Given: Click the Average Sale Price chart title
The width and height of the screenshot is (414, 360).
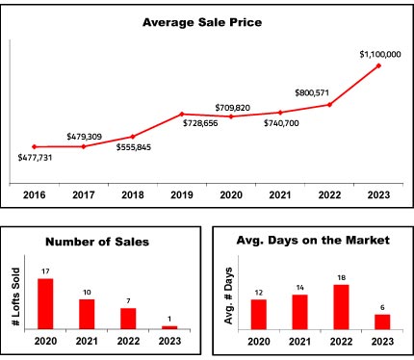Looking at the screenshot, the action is pos(202,22).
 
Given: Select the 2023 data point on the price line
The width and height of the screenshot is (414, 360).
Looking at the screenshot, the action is pos(378,65).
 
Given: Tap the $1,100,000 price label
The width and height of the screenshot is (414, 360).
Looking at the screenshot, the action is pos(380,54).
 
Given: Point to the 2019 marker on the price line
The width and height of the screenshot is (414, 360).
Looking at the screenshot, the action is pos(182,114).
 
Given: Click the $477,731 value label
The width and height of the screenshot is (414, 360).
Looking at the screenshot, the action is pos(35,158).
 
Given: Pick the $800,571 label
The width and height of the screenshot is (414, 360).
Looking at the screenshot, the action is pos(312,93).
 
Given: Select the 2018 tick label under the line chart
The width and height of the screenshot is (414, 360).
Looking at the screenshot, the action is pos(133,194).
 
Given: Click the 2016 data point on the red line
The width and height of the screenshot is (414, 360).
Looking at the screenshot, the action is pos(35,146).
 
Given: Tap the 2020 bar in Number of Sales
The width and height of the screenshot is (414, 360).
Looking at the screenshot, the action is pos(45,304).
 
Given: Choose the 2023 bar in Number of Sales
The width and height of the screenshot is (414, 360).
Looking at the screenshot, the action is pos(169,327).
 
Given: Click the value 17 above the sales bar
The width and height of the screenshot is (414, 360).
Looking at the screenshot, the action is pos(45,271).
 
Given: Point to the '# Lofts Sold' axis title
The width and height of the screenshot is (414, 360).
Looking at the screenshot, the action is pos(15,296).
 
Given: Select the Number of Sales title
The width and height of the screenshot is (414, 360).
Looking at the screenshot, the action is pos(97,242).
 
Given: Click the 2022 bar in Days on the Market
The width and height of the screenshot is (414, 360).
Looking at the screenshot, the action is pos(341,307).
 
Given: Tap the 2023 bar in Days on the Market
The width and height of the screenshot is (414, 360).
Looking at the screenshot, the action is pos(382,321).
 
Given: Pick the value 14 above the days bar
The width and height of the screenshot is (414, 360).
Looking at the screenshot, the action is pos(300,288).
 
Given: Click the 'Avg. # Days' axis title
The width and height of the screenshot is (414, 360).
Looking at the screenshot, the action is pos(228,296).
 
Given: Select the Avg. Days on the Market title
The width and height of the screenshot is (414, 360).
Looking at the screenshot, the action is pos(313,241).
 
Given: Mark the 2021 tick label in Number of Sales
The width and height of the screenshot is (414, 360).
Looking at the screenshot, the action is pos(87,341).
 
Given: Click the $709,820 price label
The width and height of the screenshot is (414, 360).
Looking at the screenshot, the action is pos(233,108).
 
